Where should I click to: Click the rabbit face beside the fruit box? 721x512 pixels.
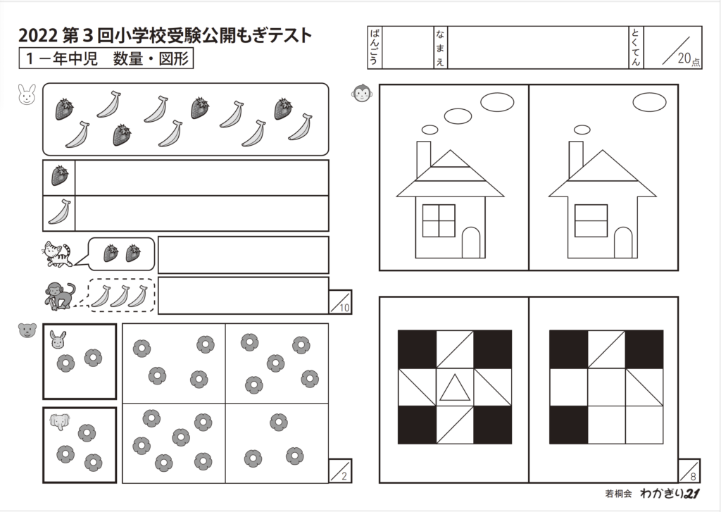(26, 94)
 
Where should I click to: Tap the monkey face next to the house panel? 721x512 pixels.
(362, 94)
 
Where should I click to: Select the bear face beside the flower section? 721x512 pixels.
(27, 330)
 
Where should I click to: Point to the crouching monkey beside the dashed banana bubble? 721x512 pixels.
(58, 296)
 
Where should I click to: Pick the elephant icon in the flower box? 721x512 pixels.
(59, 420)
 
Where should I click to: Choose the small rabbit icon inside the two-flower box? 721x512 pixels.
(58, 340)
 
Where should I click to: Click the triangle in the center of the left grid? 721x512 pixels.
(454, 388)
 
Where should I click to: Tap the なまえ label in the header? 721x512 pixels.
(439, 48)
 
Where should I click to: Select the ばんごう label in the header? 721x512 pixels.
(374, 48)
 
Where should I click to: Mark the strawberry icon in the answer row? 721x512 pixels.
(60, 176)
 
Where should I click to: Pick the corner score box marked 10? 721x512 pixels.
(340, 301)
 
